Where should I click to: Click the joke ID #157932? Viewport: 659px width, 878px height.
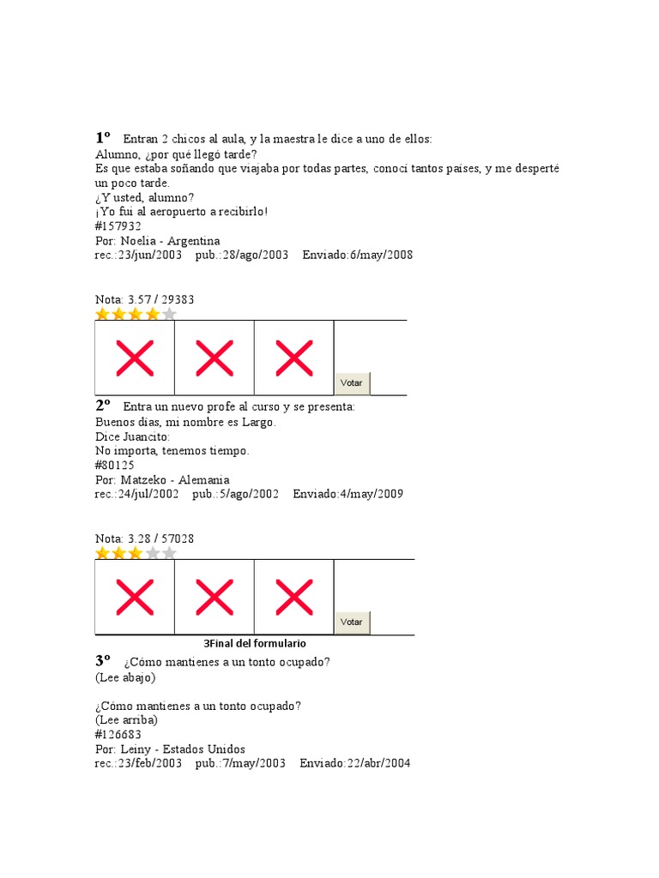click(x=118, y=226)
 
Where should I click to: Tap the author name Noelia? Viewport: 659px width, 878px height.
click(x=139, y=241)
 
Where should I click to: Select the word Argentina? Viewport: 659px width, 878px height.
click(x=194, y=241)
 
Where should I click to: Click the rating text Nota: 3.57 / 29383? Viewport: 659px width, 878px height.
click(x=144, y=299)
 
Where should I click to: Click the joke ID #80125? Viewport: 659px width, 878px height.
click(x=115, y=466)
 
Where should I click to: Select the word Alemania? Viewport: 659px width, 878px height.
click(x=203, y=480)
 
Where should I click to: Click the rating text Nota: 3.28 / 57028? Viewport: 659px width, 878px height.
click(x=144, y=538)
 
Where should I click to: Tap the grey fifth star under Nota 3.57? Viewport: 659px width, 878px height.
click(x=169, y=314)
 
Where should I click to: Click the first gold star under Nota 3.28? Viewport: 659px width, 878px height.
click(x=103, y=553)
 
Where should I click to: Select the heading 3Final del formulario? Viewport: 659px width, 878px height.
click(x=255, y=643)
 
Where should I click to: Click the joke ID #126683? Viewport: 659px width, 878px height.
click(x=118, y=735)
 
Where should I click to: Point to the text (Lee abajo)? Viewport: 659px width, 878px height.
click(x=125, y=677)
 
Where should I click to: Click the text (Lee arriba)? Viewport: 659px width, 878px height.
click(x=126, y=720)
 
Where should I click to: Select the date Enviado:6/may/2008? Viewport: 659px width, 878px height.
click(x=357, y=256)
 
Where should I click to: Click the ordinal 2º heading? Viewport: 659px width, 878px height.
click(x=104, y=405)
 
